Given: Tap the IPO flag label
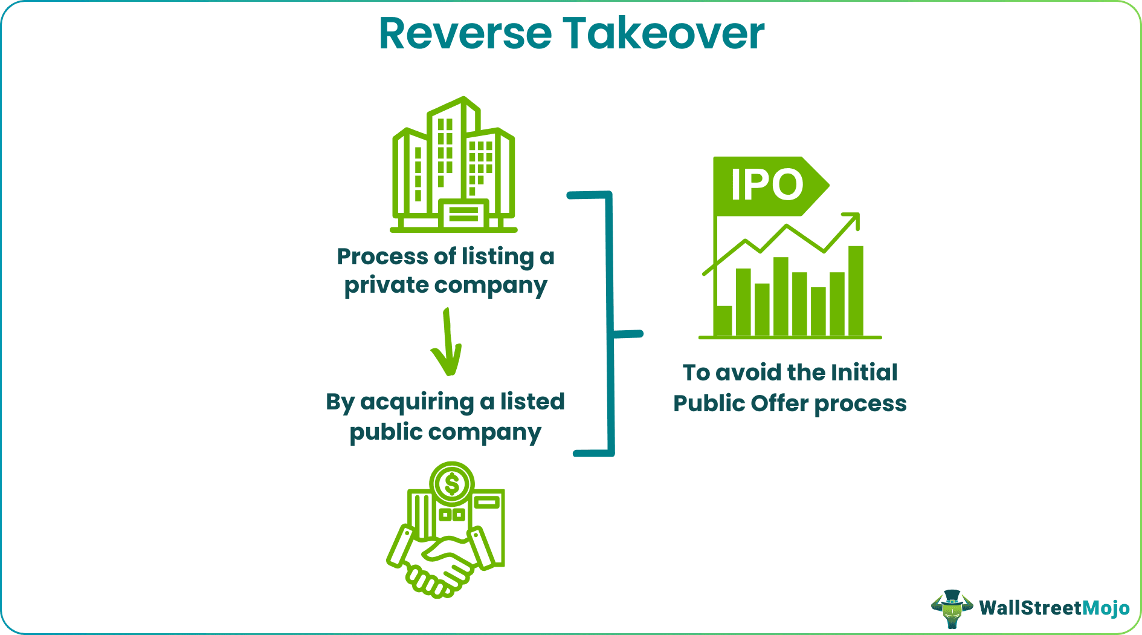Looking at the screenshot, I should pos(766,185).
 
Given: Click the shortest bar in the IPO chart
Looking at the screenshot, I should pos(723,320).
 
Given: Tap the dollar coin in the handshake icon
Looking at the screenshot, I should pos(451,483).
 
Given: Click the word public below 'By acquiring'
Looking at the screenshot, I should pos(386,432).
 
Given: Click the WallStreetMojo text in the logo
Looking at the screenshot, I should pos(1054,608).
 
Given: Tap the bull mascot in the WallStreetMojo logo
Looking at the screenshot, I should pos(952,608).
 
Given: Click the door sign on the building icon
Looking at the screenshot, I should pos(463,213).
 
